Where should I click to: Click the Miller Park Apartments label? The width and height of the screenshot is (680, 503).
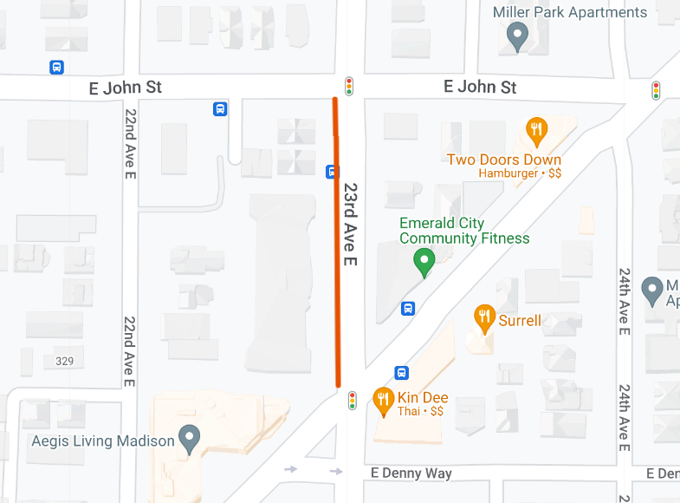point(569,12)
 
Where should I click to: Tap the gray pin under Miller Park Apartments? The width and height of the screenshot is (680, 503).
point(517,36)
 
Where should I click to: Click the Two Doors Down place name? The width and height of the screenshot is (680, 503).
point(504,160)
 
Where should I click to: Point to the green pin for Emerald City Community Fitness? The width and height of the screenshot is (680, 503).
point(424,262)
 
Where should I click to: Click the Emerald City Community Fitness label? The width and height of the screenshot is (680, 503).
point(464,231)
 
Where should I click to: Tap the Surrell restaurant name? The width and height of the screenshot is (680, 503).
point(520,321)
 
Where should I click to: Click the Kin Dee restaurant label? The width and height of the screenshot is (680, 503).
point(423,398)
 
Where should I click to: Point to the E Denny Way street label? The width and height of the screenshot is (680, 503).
point(411,473)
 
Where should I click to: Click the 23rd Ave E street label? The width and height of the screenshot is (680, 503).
point(351,224)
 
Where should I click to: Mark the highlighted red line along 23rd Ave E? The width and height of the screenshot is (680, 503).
point(337,260)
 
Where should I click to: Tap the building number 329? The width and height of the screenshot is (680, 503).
point(64,361)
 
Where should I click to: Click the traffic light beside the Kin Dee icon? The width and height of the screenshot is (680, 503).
point(353,401)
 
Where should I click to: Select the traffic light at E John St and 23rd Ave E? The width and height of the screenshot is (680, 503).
point(349,86)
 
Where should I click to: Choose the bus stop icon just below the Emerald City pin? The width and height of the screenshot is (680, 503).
point(408,308)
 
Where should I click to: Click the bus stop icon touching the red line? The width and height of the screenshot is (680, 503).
point(332,171)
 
